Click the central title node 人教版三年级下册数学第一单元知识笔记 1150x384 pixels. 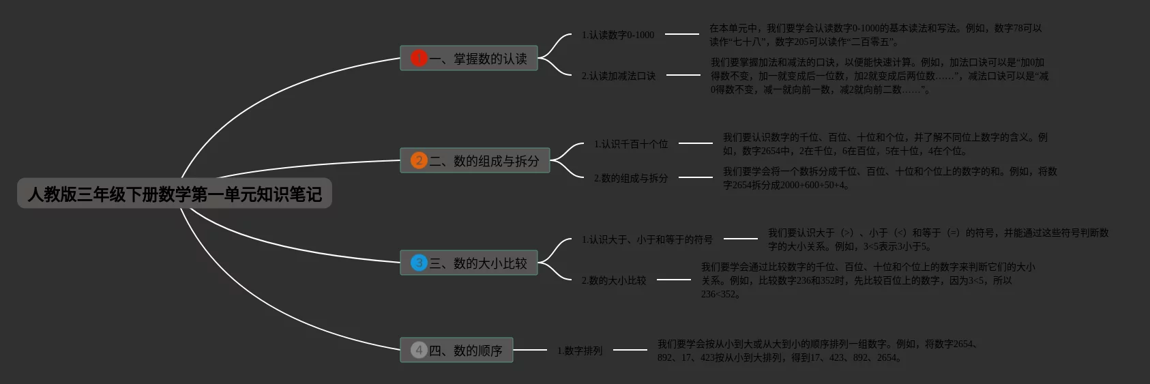click(x=175, y=194)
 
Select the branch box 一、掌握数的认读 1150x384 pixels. click(x=469, y=59)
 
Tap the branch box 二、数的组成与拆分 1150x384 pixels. click(x=475, y=161)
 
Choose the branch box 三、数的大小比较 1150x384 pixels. click(x=469, y=263)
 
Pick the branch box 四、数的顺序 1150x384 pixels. click(x=456, y=351)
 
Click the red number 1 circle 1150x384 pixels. click(x=419, y=59)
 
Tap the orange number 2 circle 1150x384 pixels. click(x=419, y=161)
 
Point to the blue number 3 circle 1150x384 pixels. click(x=419, y=263)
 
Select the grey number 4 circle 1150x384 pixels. click(x=419, y=350)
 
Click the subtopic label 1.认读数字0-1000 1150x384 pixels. click(x=618, y=35)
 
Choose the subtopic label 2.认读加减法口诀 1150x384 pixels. click(x=619, y=76)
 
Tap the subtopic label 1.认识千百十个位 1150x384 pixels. click(x=631, y=144)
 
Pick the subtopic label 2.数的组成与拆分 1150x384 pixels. click(x=631, y=178)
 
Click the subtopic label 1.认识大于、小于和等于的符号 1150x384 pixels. click(x=647, y=239)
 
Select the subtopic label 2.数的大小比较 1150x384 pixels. click(x=614, y=280)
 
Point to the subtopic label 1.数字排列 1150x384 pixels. click(x=580, y=351)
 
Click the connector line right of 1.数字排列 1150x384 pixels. click(x=630, y=350)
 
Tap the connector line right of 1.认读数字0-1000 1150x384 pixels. click(x=681, y=33)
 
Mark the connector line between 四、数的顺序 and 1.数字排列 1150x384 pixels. click(x=530, y=350)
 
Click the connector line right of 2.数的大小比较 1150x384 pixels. click(x=673, y=279)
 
